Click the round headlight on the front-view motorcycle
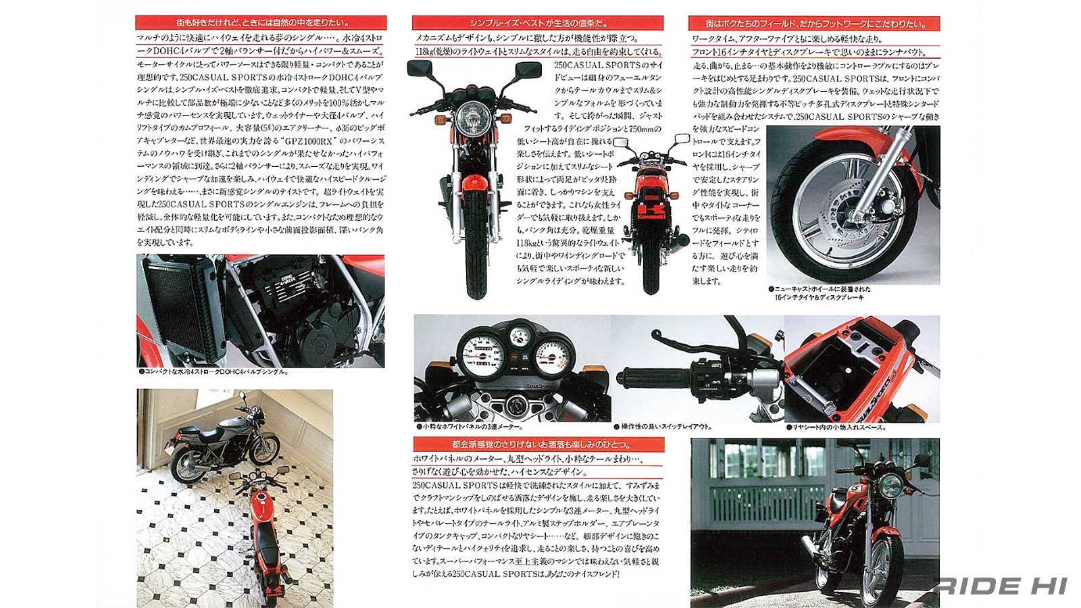pyautogui.click(x=468, y=120)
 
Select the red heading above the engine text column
pyautogui.click(x=261, y=22)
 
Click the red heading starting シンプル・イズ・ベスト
pyautogui.click(x=538, y=23)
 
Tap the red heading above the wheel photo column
pyautogui.click(x=814, y=23)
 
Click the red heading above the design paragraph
pyautogui.click(x=538, y=445)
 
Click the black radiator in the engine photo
pyautogui.click(x=177, y=311)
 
